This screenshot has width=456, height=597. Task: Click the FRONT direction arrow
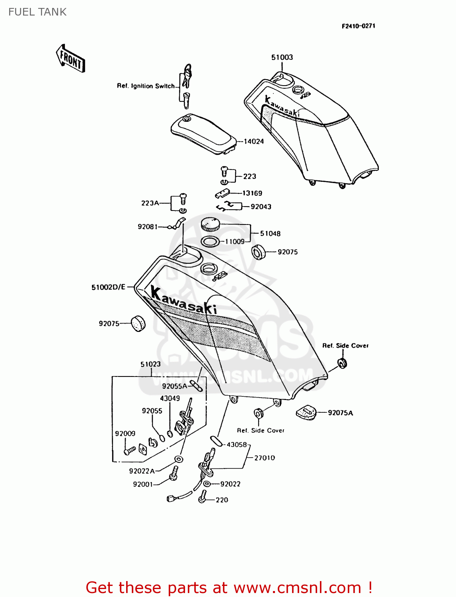[x=71, y=59]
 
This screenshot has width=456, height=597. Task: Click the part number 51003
[x=282, y=57]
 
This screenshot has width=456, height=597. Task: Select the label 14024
[x=253, y=141]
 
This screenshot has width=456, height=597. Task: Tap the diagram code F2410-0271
[x=358, y=26]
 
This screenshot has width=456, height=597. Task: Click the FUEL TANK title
[x=37, y=12]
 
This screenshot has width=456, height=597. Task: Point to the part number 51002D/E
[x=108, y=287]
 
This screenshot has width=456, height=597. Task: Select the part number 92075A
[x=340, y=413]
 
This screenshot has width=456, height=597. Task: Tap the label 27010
[x=265, y=458]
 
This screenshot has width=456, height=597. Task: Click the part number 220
[x=222, y=500]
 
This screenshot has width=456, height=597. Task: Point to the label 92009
[x=125, y=433]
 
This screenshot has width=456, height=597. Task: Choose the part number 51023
[x=150, y=364]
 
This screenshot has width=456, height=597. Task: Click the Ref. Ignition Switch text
[x=146, y=86]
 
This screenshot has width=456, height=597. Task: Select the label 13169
[x=252, y=193]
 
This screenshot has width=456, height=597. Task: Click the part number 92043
[x=261, y=207]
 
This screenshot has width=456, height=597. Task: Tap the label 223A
[x=150, y=203]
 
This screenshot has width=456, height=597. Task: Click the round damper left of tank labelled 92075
[x=138, y=323]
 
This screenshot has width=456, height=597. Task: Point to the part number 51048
[x=270, y=234]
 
